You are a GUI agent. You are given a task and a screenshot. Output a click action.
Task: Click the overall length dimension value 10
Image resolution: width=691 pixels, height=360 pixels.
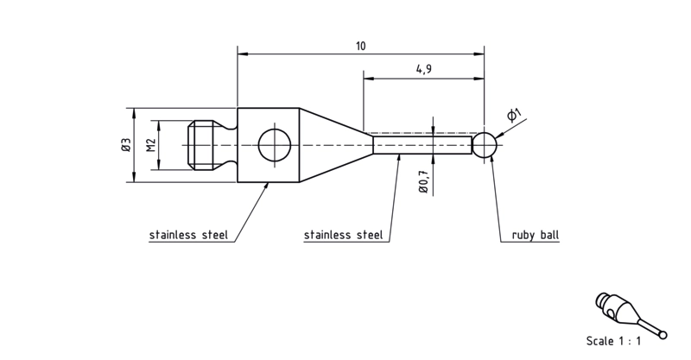(x=361, y=47)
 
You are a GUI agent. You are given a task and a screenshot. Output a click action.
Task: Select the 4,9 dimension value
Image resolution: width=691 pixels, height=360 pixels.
(x=423, y=69)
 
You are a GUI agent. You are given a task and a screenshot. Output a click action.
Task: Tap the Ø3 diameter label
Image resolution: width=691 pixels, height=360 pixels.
(x=126, y=145)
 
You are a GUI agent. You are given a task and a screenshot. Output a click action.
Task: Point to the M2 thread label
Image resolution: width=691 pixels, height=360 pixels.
(x=152, y=145)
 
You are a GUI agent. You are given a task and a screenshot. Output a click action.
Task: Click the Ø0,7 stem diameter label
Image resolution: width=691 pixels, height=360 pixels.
(x=423, y=180)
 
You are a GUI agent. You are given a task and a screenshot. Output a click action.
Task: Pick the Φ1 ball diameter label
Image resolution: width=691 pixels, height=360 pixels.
(x=513, y=115)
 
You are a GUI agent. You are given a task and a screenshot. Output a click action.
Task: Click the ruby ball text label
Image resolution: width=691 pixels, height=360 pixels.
(x=535, y=235)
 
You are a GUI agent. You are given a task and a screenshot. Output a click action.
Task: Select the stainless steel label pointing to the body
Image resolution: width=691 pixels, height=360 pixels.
(x=188, y=235)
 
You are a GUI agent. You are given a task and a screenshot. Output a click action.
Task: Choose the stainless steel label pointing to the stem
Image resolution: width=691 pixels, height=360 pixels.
(x=343, y=235)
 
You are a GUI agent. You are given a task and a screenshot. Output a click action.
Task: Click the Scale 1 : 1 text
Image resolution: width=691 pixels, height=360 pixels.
(x=613, y=341)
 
